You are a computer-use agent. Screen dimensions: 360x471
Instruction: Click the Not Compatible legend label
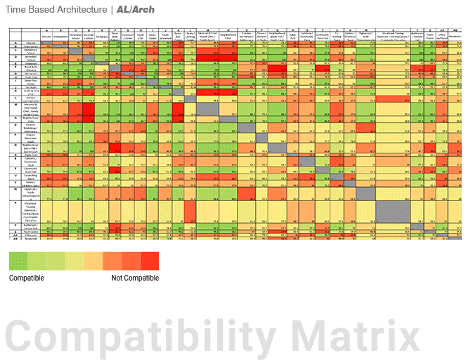134,278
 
